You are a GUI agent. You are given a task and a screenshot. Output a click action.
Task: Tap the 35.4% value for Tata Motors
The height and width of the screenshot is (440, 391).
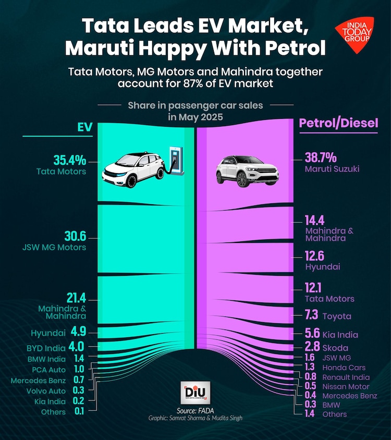pyautogui.click(x=70, y=160)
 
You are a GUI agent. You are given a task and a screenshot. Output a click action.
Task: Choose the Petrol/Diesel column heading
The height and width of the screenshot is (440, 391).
pyautogui.click(x=338, y=124)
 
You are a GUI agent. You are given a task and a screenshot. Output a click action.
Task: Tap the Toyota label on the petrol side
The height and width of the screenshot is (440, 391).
pyautogui.click(x=337, y=316)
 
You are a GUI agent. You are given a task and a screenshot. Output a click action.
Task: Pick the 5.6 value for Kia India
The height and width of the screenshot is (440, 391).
pyautogui.click(x=311, y=334)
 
